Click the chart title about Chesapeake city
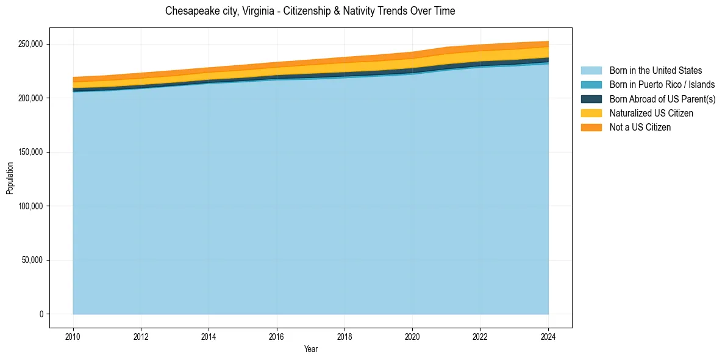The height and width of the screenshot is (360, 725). pos(310,11)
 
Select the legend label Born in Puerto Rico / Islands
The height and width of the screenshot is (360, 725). pos(662,85)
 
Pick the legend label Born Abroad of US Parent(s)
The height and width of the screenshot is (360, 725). pos(662,99)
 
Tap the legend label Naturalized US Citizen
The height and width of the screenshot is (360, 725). pos(651,113)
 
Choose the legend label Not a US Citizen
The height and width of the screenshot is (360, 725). pos(640,128)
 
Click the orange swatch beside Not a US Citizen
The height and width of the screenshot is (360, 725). pos(591,128)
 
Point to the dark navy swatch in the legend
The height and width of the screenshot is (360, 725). pos(591,99)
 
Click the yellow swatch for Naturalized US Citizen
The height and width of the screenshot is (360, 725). pos(591,113)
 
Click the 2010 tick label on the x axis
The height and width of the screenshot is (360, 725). pos(73,337)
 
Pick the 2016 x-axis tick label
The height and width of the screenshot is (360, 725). pos(277,337)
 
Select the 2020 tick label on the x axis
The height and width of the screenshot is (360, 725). pos(413,337)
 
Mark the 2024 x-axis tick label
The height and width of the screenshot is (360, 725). pos(548,337)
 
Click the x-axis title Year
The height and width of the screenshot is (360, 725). pos(310,350)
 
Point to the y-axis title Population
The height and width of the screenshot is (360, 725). pos(10,178)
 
